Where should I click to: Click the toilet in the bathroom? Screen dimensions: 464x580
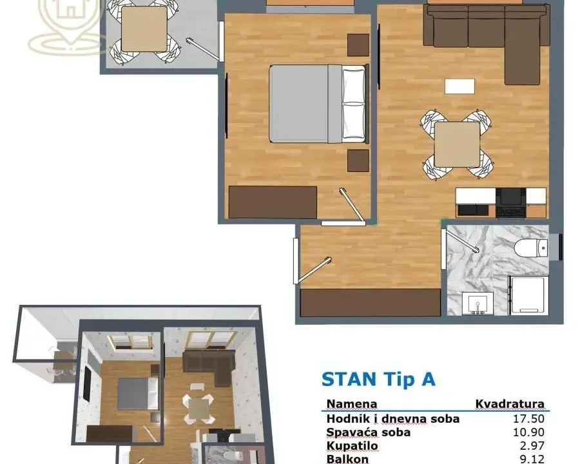point(532,247)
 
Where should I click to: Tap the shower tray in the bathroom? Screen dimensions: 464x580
point(528,296)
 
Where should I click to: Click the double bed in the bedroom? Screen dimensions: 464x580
point(317,103)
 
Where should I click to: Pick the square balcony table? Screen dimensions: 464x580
point(144,29)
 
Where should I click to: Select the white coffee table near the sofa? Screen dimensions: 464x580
point(459,86)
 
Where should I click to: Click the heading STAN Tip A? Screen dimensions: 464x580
point(378,379)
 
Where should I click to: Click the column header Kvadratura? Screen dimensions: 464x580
point(510,405)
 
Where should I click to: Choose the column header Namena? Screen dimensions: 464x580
point(352,405)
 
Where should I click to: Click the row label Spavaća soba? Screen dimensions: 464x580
point(368,432)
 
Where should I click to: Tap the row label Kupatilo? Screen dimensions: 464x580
point(352,446)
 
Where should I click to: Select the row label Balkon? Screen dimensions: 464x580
point(347,459)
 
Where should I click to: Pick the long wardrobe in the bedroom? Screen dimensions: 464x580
point(273,202)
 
